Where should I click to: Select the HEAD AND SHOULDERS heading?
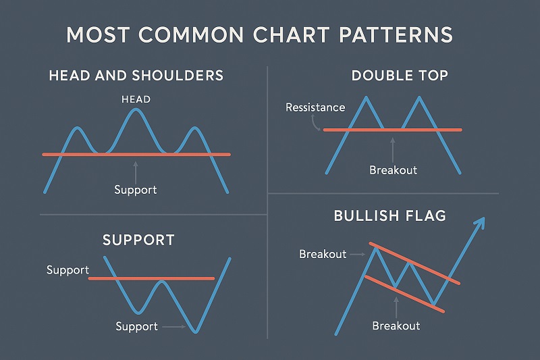136,75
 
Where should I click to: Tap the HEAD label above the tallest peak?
136,99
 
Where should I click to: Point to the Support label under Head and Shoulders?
136,190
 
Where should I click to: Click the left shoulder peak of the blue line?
79,128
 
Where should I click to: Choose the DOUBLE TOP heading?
400,75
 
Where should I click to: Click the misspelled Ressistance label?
315,107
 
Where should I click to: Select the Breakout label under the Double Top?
393,170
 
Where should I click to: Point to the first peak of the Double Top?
365,98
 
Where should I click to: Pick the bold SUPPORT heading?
138,240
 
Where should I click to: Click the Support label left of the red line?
67,270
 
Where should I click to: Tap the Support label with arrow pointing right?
136,327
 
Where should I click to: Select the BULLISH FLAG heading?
389,216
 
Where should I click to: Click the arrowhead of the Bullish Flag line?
481,222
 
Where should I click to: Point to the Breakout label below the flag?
396,326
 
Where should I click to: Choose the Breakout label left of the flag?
322,254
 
